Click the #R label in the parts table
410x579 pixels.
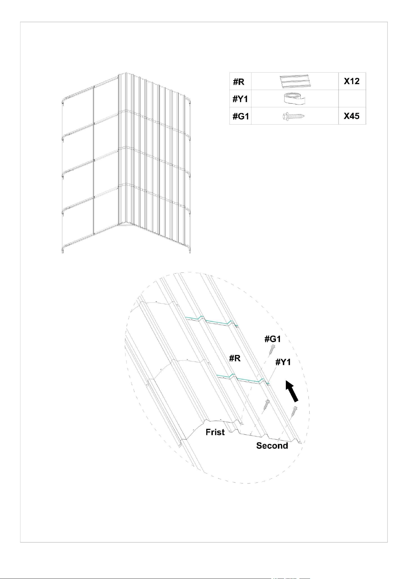coord(239,82)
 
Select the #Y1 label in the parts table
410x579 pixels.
coord(240,99)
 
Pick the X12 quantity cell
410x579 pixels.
coord(351,81)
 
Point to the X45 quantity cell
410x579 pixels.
coord(351,116)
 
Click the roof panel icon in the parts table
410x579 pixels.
coord(294,82)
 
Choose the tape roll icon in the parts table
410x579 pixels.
coord(294,99)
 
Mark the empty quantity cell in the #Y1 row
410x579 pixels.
coord(352,99)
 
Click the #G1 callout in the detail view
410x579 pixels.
coord(273,339)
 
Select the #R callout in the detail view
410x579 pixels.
coord(235,358)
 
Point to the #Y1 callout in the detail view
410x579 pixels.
coord(283,362)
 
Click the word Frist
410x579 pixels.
coord(215,432)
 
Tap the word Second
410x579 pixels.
coord(272,446)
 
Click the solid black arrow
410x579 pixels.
coord(292,392)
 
